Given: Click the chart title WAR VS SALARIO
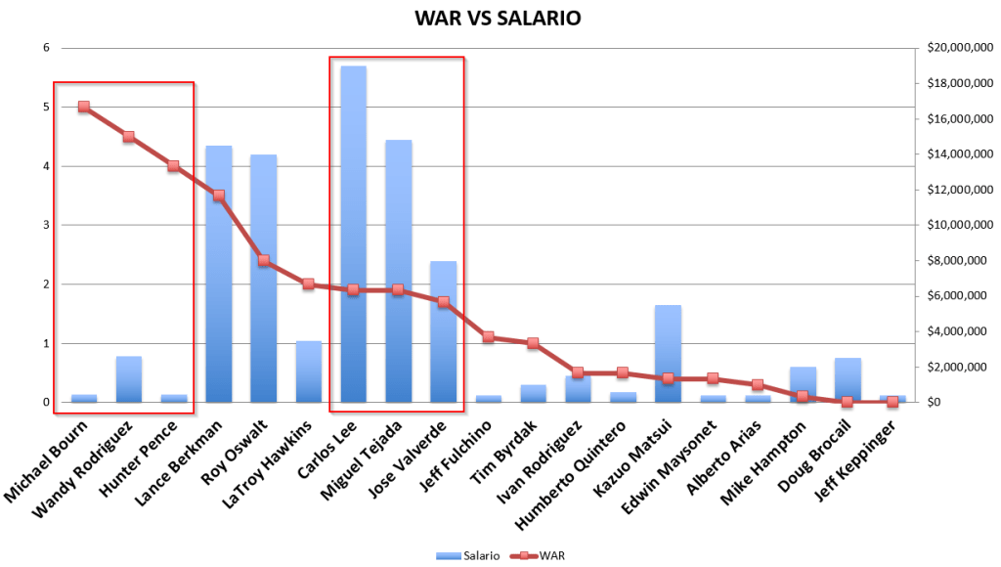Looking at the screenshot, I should [498, 19].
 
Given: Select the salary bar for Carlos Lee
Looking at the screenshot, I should [353, 235].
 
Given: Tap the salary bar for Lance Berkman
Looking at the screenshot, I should [218, 274].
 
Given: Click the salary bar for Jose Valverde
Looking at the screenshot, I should [443, 332].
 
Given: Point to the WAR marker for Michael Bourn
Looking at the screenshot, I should [84, 107].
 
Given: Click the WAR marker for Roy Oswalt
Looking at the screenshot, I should [263, 260].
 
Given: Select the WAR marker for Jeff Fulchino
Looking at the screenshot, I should [488, 337].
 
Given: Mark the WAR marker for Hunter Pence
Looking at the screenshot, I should [173, 166].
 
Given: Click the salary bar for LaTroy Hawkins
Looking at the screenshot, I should [308, 371].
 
